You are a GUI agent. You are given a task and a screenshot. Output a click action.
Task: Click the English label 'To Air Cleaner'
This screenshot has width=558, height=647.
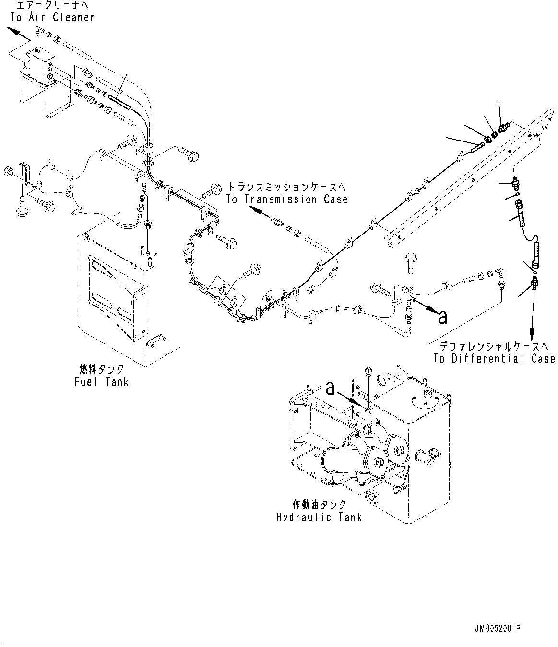[x=52, y=17]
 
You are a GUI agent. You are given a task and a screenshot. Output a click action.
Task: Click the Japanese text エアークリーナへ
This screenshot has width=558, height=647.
[x=52, y=6]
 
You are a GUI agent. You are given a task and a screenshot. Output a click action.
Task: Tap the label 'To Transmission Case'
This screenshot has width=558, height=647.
[x=287, y=200]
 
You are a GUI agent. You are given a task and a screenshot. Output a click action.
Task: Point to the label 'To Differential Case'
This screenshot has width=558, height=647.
[x=494, y=358]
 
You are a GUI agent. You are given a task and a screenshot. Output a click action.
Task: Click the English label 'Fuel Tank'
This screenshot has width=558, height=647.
[x=101, y=382]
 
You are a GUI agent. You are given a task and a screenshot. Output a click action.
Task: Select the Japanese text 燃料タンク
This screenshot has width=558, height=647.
[x=101, y=369]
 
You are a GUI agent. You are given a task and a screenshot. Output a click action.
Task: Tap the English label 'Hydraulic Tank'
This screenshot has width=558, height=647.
[x=320, y=517]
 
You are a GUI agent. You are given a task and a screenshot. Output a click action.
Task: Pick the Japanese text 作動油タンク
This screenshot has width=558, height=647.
[x=319, y=505]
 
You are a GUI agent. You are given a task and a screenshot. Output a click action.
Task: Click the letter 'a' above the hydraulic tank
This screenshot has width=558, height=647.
[x=330, y=388]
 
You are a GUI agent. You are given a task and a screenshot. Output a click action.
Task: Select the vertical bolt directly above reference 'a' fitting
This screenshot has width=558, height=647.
[x=410, y=264]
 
